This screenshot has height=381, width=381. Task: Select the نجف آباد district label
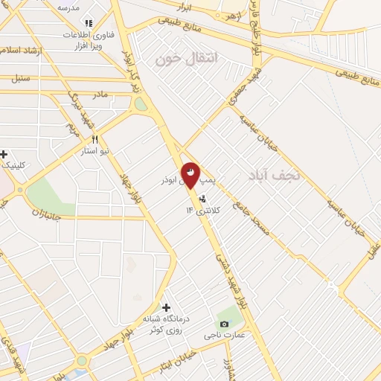click(275, 175)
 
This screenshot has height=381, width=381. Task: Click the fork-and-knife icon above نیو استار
click(95, 139)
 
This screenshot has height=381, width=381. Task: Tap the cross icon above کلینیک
click(4, 154)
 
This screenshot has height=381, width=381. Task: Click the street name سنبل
click(21, 77)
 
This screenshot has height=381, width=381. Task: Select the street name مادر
click(100, 95)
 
